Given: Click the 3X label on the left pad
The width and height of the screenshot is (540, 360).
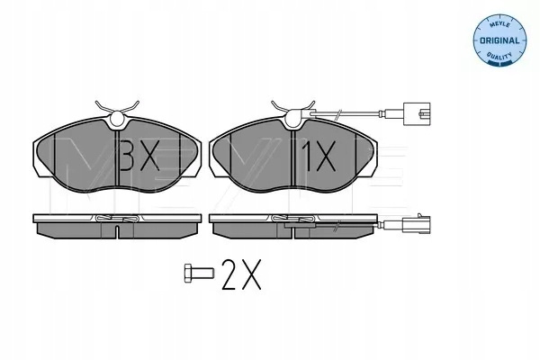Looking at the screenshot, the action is click(x=140, y=157).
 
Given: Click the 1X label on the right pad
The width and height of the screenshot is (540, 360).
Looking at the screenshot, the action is click(x=319, y=157).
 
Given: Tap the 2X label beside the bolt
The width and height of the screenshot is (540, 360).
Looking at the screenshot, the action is click(x=242, y=274).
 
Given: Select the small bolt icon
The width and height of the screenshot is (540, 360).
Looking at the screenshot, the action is click(x=199, y=274).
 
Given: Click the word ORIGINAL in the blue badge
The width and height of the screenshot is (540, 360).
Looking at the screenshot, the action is click(x=499, y=40).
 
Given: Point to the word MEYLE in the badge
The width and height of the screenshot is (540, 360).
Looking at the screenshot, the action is click(x=499, y=24).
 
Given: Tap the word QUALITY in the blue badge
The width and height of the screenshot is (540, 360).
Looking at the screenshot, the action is click(x=499, y=56).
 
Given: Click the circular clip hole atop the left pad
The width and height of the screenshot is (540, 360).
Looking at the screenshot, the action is click(x=117, y=119).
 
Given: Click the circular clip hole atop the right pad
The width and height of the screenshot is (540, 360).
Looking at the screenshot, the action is click(x=293, y=119).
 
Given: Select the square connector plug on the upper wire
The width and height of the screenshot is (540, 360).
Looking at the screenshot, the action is click(x=417, y=113).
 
